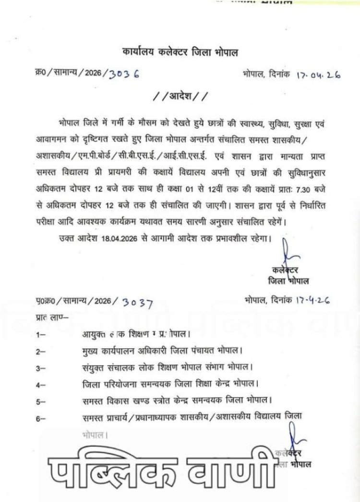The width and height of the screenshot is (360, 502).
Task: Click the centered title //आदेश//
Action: coord(180,95)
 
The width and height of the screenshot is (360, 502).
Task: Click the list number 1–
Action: coord(40,333)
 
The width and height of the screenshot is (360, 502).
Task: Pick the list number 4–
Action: coord(40,384)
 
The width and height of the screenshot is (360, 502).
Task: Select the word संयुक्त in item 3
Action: coord(95,367)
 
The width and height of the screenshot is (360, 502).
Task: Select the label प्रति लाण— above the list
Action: coord(51,318)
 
